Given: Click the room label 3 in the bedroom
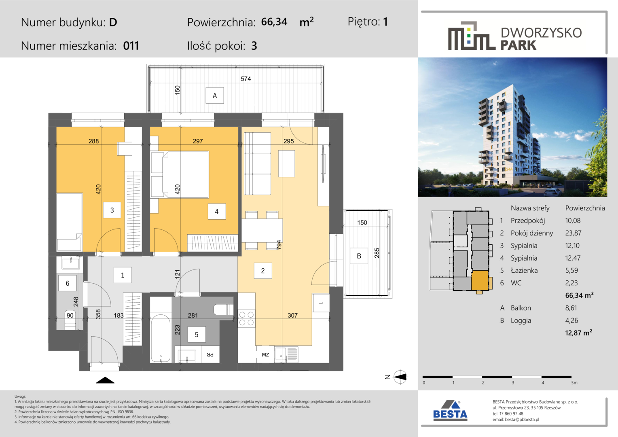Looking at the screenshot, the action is (x=112, y=210).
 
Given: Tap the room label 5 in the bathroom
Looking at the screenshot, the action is (x=197, y=335).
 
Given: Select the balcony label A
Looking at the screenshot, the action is (x=215, y=95).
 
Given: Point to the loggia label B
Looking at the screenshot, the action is (x=359, y=256).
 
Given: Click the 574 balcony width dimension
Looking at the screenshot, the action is (x=246, y=78).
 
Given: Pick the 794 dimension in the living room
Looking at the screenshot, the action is (x=279, y=245).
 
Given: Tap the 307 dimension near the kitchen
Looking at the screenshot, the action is (x=292, y=315).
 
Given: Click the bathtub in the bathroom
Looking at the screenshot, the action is (x=161, y=338).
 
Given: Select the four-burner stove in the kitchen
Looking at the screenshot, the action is (x=246, y=318).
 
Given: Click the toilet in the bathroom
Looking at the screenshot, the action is (x=224, y=310).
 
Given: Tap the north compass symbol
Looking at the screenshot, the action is (x=400, y=377).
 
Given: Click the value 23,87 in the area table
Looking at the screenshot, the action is (x=573, y=233).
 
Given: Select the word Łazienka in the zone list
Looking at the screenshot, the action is (x=524, y=270).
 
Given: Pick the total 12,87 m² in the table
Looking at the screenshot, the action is (x=578, y=333).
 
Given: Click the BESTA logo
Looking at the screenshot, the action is (x=450, y=411).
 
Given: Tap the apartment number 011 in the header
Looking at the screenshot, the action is (x=131, y=46).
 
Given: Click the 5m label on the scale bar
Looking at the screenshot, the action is (x=574, y=383).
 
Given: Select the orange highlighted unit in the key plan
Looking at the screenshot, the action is (x=480, y=280).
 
